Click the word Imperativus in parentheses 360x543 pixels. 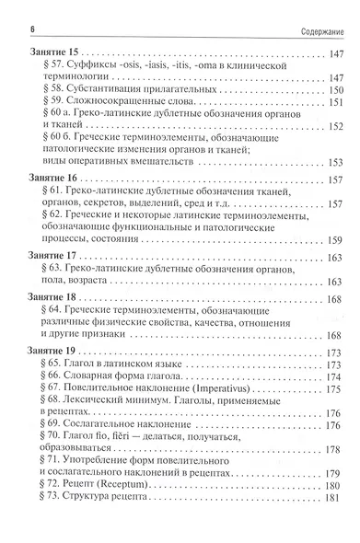(225, 388)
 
